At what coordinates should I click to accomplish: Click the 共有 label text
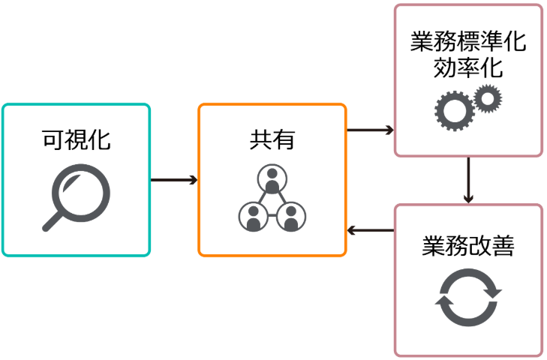click(272, 139)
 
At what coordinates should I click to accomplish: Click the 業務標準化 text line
click(468, 41)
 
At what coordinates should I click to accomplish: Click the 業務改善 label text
click(468, 247)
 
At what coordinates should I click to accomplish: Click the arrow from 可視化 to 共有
click(174, 180)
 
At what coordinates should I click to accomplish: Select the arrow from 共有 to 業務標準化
click(370, 130)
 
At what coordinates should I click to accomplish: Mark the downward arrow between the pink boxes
click(468, 180)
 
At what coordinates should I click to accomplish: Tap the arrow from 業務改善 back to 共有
click(370, 230)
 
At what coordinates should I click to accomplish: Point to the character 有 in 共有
click(284, 139)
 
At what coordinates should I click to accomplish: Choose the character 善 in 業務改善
click(503, 247)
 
